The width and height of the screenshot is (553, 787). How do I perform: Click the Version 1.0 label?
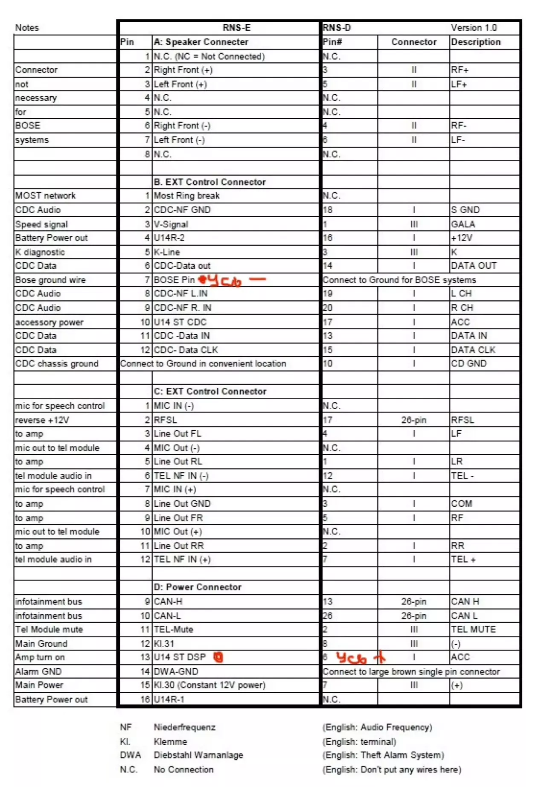(474, 28)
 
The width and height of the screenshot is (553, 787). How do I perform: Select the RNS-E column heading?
(236, 28)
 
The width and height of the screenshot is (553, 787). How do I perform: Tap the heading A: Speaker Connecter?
(201, 42)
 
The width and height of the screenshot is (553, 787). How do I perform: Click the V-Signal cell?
(171, 224)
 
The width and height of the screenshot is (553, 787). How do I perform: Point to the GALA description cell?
(463, 224)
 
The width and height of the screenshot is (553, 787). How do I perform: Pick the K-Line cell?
(167, 252)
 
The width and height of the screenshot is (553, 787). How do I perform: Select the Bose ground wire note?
(50, 280)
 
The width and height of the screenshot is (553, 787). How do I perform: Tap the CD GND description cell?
(469, 364)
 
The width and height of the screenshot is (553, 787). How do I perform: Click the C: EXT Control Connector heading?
(210, 392)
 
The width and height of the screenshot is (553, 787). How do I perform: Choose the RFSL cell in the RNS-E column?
(166, 420)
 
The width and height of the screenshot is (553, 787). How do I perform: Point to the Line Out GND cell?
(182, 504)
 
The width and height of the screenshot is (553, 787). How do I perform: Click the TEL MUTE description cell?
(474, 630)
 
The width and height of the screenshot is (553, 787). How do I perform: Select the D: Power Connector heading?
(198, 587)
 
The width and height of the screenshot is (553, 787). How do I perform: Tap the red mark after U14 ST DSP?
(218, 657)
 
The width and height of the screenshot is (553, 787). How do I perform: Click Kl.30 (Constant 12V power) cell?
(210, 685)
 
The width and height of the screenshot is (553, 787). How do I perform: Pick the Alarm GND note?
(38, 672)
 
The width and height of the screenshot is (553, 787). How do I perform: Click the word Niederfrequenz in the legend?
(184, 728)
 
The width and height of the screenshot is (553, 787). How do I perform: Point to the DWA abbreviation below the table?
(130, 755)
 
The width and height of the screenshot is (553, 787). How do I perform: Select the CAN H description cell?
(465, 602)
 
